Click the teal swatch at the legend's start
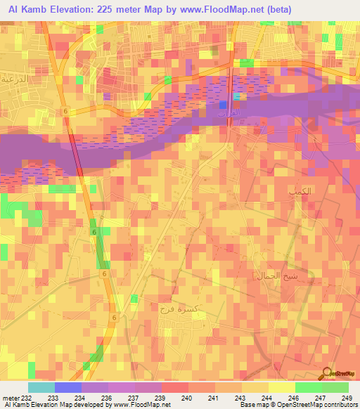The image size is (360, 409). click(x=41, y=387)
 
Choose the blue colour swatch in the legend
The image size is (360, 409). click(x=67, y=387)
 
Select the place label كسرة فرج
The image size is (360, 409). click(x=176, y=310)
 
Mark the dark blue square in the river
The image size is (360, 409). click(x=223, y=105)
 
